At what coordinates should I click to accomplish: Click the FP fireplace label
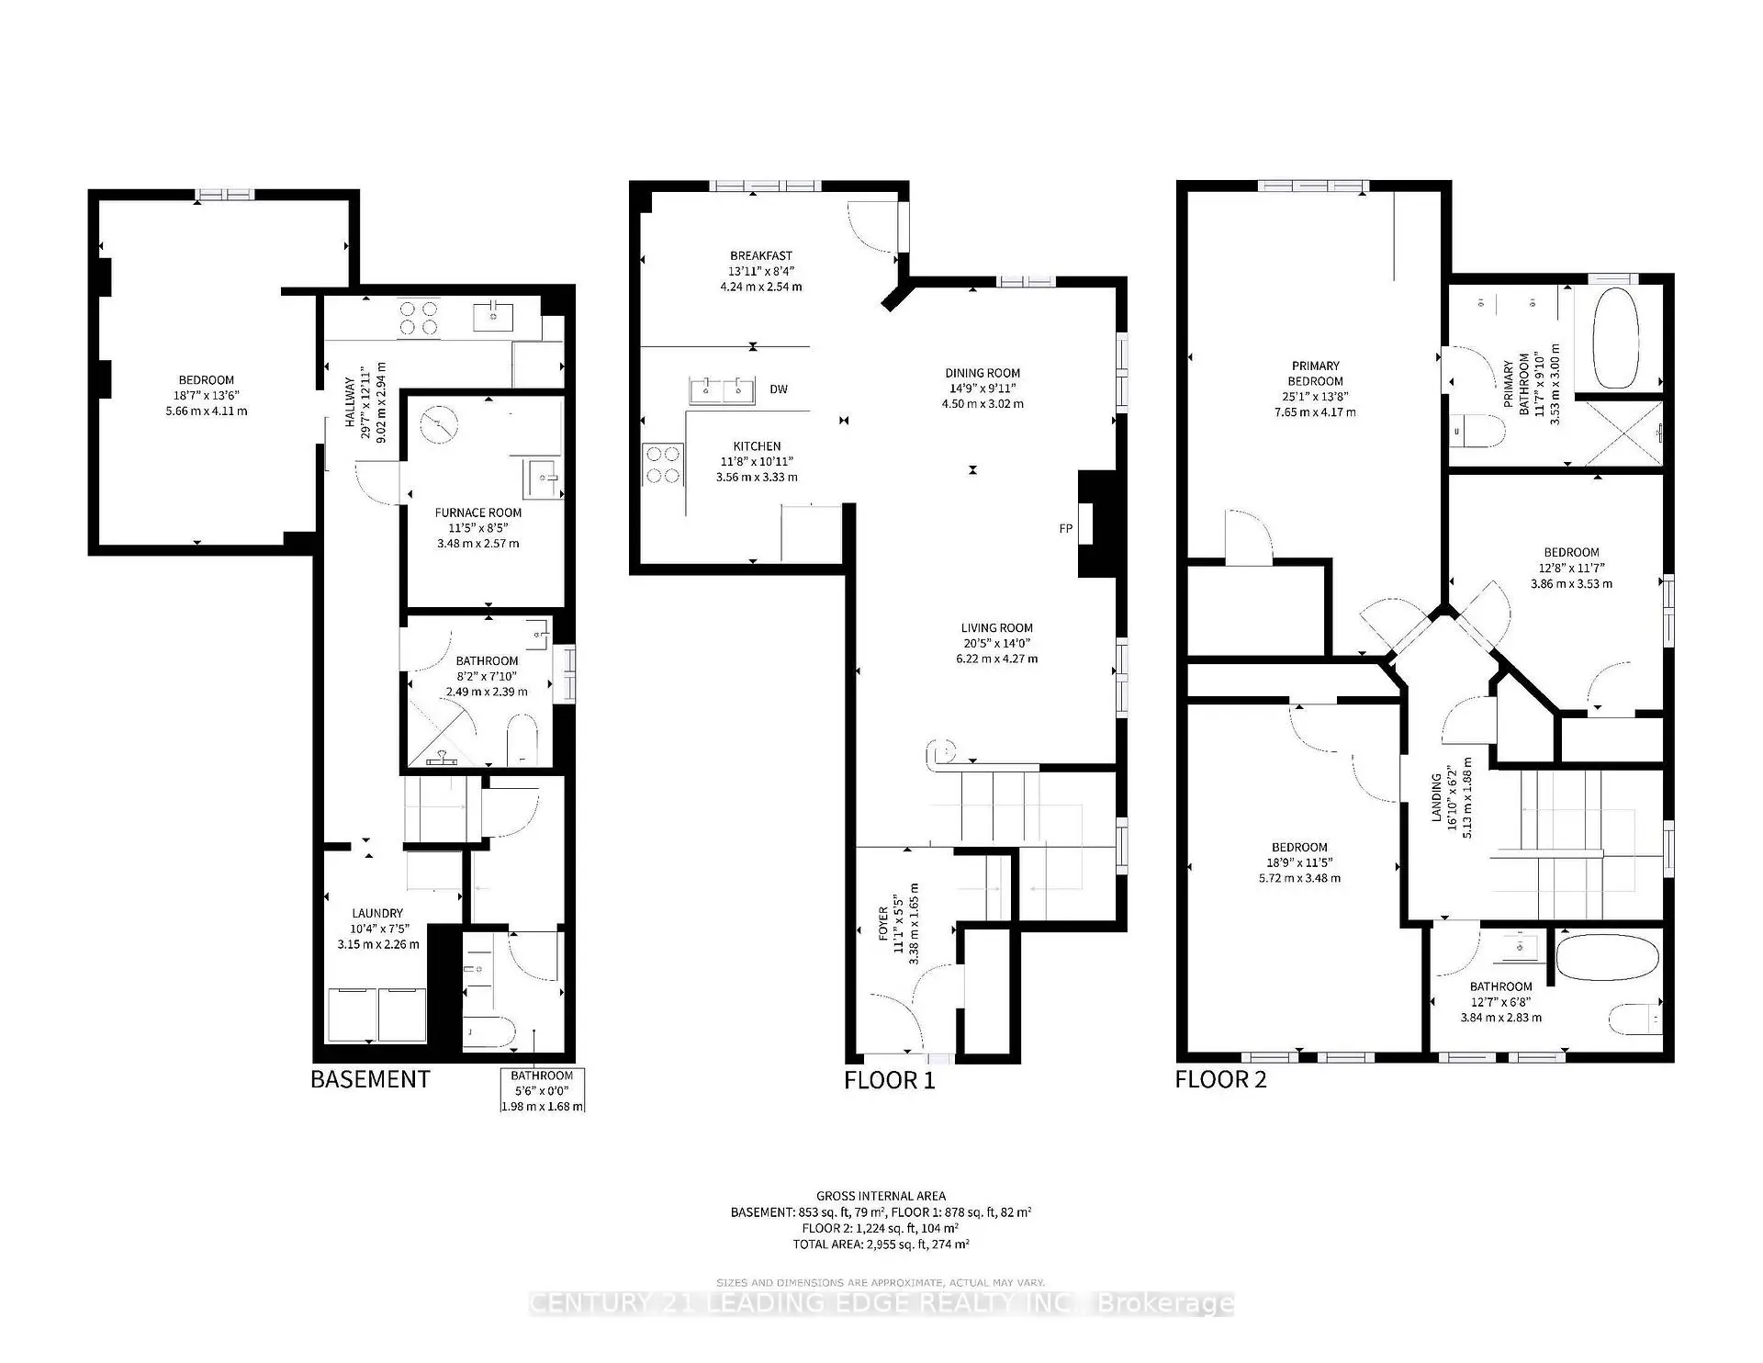click(1065, 528)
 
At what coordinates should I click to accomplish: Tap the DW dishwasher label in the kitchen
click(779, 389)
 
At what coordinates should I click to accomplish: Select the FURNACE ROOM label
click(477, 513)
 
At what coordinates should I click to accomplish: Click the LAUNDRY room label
click(377, 913)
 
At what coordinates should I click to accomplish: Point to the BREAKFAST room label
click(761, 255)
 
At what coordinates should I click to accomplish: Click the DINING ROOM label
click(983, 373)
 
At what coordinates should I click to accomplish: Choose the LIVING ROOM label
click(996, 628)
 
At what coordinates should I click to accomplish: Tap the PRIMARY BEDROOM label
click(1315, 373)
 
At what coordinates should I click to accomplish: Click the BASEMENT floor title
click(370, 1079)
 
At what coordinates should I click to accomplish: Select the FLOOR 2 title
click(1220, 1079)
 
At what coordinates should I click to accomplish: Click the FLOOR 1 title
click(889, 1080)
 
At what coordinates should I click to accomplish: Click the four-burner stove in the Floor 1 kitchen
click(663, 465)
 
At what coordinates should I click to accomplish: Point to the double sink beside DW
click(723, 390)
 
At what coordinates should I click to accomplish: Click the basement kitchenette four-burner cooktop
click(418, 318)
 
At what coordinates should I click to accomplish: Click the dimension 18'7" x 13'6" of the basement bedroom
click(207, 395)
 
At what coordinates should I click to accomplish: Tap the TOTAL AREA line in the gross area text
click(881, 1244)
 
